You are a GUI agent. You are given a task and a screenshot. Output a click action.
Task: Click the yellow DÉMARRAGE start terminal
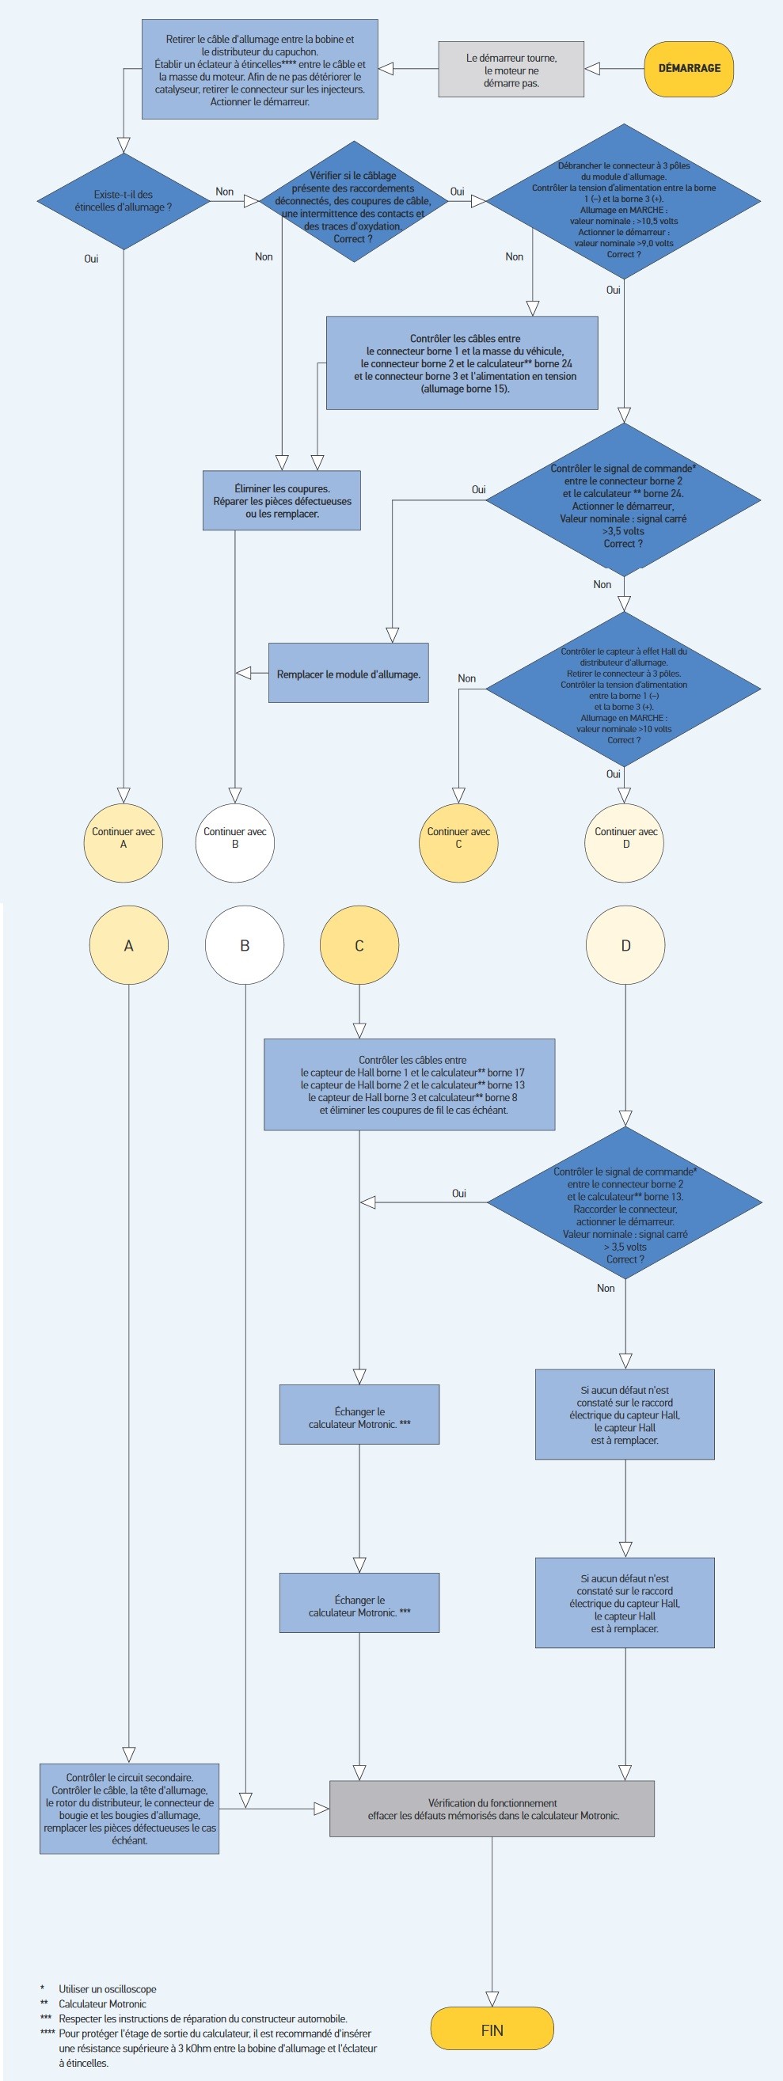click(689, 69)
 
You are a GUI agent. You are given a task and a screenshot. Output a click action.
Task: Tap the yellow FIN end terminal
click(492, 2030)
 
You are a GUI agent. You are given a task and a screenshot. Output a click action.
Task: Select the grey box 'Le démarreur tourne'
click(511, 70)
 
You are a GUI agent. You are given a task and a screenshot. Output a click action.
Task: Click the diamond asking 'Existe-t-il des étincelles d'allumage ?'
click(124, 201)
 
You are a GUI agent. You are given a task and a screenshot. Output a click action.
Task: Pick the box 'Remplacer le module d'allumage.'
click(348, 674)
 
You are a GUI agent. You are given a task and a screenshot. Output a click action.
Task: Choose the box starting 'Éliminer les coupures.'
click(281, 501)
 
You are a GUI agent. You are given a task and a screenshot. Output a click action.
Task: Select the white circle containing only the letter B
click(245, 945)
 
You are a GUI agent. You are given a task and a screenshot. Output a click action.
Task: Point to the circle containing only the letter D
click(625, 945)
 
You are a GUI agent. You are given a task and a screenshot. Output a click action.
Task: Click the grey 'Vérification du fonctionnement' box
click(492, 1809)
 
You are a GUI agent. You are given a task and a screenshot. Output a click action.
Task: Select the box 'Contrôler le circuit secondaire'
click(129, 1809)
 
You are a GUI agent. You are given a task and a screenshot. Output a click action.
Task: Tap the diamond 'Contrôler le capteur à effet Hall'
click(624, 695)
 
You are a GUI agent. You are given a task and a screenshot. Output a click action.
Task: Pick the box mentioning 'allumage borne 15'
click(462, 363)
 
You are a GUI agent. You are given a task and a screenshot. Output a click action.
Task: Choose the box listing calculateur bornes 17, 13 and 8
click(409, 1084)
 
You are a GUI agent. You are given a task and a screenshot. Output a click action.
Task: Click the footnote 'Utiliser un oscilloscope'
click(108, 1989)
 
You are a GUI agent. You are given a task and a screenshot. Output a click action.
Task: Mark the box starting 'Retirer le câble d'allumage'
click(260, 70)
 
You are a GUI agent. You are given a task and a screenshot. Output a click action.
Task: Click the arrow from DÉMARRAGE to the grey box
click(614, 69)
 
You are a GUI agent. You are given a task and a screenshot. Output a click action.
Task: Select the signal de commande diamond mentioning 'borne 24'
click(623, 505)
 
